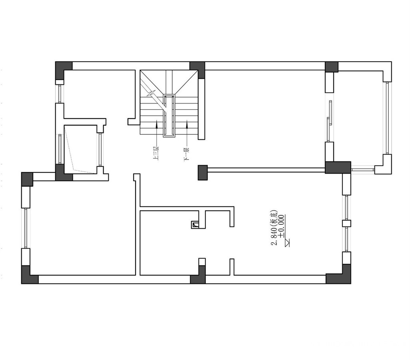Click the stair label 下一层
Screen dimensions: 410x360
tap(187, 154)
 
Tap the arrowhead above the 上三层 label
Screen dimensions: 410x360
tap(156, 124)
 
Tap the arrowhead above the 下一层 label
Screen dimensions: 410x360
tap(187, 124)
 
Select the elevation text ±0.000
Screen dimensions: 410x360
tap(281, 226)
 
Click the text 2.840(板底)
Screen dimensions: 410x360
tap(274, 227)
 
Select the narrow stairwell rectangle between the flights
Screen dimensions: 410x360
tap(169, 116)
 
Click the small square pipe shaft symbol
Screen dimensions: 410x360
tap(195, 224)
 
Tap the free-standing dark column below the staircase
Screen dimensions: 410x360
tap(203, 172)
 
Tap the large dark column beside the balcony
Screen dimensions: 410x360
tap(338, 167)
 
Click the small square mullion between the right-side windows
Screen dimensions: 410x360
tap(346, 223)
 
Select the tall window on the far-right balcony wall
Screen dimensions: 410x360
tap(387, 118)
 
